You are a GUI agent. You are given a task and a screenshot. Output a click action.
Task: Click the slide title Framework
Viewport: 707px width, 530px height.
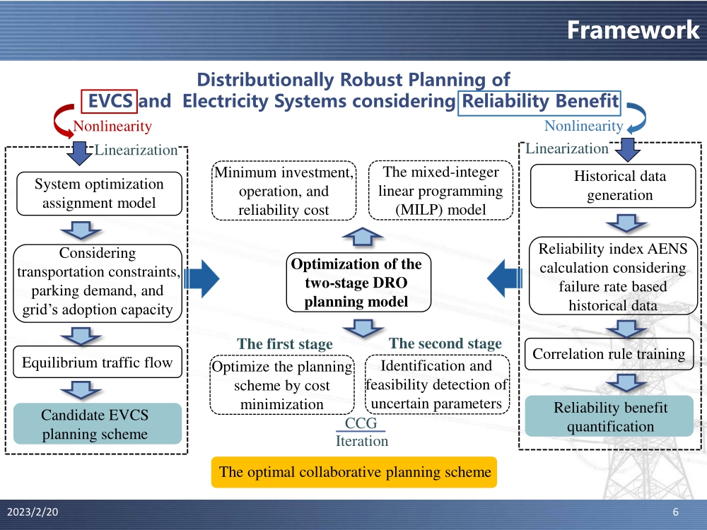click(x=633, y=30)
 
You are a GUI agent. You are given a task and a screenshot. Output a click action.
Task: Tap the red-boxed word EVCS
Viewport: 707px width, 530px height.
click(x=110, y=101)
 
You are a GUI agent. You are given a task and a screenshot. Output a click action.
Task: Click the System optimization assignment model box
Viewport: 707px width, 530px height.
click(x=99, y=194)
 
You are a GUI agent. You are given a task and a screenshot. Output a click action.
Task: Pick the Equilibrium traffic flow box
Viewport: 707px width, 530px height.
click(x=98, y=363)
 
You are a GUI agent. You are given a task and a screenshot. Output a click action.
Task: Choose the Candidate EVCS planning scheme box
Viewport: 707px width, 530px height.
click(x=95, y=424)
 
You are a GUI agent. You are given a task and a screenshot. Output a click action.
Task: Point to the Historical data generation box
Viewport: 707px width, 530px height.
click(x=613, y=186)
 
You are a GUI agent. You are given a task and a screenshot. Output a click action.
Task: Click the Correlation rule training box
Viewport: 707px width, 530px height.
click(x=609, y=354)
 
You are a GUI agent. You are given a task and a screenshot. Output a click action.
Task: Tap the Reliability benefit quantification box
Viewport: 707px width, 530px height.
click(x=609, y=417)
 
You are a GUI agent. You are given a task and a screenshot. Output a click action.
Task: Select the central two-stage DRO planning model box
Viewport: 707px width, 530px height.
click(x=356, y=283)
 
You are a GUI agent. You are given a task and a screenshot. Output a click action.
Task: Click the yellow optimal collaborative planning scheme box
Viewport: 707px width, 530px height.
click(x=355, y=472)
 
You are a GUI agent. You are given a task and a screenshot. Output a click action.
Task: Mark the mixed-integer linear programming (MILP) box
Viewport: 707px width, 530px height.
click(x=440, y=191)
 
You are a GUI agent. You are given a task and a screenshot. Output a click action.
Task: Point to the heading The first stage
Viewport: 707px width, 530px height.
click(x=284, y=344)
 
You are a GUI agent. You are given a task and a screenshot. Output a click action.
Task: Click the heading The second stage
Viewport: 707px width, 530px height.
click(x=445, y=343)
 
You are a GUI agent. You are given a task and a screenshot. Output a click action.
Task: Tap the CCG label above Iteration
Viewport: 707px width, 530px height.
click(x=361, y=424)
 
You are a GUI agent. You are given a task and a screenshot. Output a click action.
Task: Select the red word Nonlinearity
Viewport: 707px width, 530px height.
click(x=112, y=126)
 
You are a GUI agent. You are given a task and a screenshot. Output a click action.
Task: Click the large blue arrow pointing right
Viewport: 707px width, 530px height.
click(x=202, y=278)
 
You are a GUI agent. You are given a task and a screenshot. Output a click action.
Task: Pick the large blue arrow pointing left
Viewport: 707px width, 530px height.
click(x=505, y=278)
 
